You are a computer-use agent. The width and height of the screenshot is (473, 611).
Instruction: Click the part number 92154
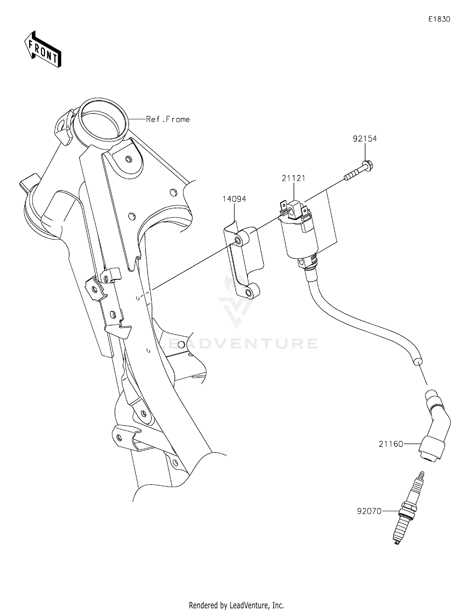tap(365, 139)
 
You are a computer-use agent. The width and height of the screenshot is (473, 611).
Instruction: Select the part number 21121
tap(294, 178)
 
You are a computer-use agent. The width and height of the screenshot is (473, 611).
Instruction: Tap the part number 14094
tap(234, 199)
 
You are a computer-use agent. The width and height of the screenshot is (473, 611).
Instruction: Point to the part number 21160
tap(391, 444)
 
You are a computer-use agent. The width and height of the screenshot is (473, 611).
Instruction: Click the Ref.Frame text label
tap(168, 119)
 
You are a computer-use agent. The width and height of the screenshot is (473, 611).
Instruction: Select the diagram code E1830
tap(439, 20)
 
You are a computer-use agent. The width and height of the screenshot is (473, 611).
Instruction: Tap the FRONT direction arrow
tap(43, 50)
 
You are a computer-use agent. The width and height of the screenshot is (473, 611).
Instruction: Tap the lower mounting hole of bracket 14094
tap(249, 294)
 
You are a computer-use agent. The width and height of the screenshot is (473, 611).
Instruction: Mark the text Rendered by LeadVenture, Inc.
tap(236, 604)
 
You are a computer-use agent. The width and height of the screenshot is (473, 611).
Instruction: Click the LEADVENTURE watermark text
tap(237, 344)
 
